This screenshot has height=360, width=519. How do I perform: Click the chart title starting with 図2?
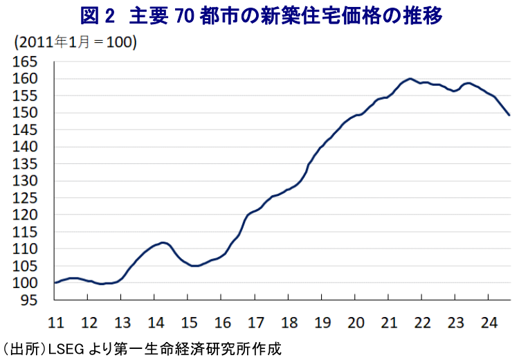pyautogui.click(x=259, y=15)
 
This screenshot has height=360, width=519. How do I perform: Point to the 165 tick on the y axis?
pyautogui.click(x=25, y=62)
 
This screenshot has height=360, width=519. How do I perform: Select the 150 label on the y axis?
pyautogui.click(x=25, y=113)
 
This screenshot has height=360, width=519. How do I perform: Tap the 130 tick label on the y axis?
pyautogui.click(x=25, y=181)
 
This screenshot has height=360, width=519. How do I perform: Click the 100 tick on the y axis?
pyautogui.click(x=25, y=282)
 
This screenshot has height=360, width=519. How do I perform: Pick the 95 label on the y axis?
pyautogui.click(x=29, y=300)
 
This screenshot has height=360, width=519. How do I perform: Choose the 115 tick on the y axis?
pyautogui.click(x=25, y=232)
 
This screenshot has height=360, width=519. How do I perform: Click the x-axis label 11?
pyautogui.click(x=55, y=323)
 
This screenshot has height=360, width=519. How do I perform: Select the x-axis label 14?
pyautogui.click(x=156, y=323)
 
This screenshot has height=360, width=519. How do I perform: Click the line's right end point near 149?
pyautogui.click(x=509, y=115)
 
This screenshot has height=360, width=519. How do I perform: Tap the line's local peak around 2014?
pyautogui.click(x=163, y=242)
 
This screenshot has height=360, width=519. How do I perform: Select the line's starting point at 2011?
pyautogui.click(x=55, y=282)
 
